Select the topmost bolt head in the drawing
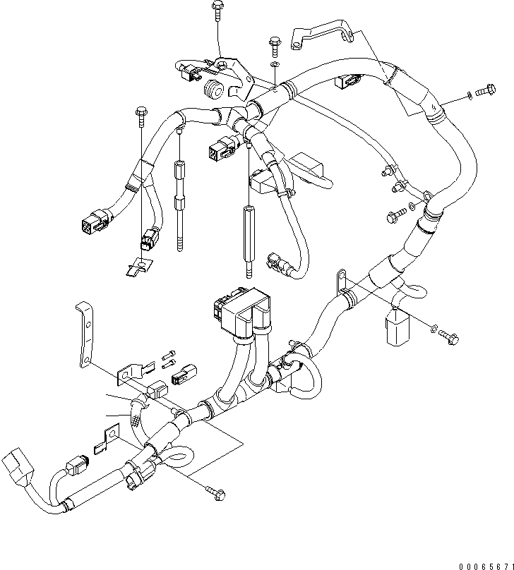[216, 9]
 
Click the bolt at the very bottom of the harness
[214, 488]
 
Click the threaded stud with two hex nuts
[180, 205]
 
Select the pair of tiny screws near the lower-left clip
[167, 359]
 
